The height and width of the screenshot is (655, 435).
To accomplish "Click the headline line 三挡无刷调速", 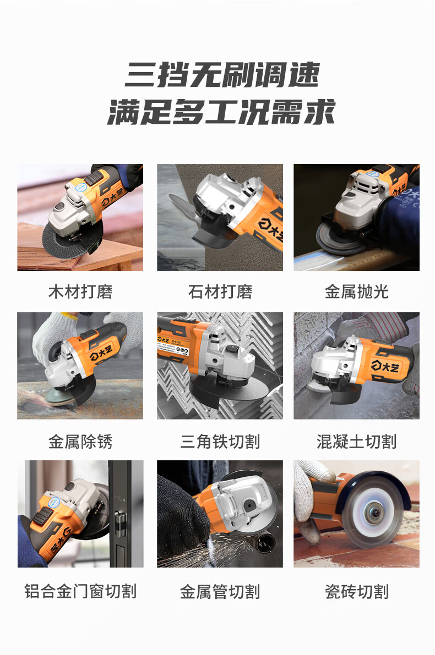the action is (x=222, y=75).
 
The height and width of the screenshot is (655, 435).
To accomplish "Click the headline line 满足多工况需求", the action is (x=221, y=112).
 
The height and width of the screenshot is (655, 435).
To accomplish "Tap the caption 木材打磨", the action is (x=80, y=291).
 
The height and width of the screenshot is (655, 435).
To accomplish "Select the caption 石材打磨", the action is (x=220, y=291).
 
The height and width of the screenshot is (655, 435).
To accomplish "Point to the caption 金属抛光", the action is (x=356, y=291).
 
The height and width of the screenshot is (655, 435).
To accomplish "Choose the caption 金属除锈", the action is (x=80, y=442).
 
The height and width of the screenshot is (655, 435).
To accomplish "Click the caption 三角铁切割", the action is (x=220, y=442).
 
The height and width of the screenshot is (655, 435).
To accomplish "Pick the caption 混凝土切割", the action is (x=356, y=442).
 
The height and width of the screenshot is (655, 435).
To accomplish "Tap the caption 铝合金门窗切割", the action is (x=80, y=592).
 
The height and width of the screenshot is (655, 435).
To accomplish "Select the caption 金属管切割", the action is (x=220, y=592).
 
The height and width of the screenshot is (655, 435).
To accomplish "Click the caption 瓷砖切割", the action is (x=356, y=592).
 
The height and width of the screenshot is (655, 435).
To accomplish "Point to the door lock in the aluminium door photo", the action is (x=120, y=524).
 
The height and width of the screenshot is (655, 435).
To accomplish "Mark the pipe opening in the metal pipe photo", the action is (x=265, y=543).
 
